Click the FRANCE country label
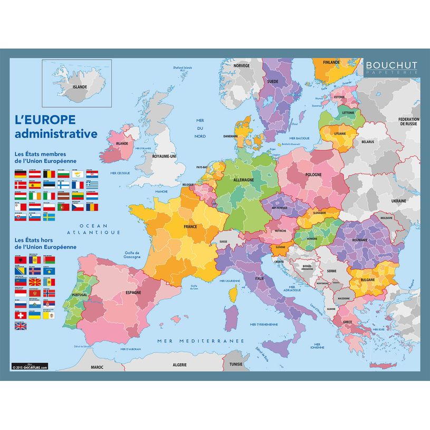(x=190, y=226)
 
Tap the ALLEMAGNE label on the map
(x=244, y=179)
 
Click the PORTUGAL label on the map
(x=80, y=294)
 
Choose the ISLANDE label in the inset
(x=80, y=87)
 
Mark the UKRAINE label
(x=398, y=201)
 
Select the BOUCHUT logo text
(x=391, y=65)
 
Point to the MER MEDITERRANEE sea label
(x=200, y=341)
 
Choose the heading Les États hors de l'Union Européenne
(x=46, y=243)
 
